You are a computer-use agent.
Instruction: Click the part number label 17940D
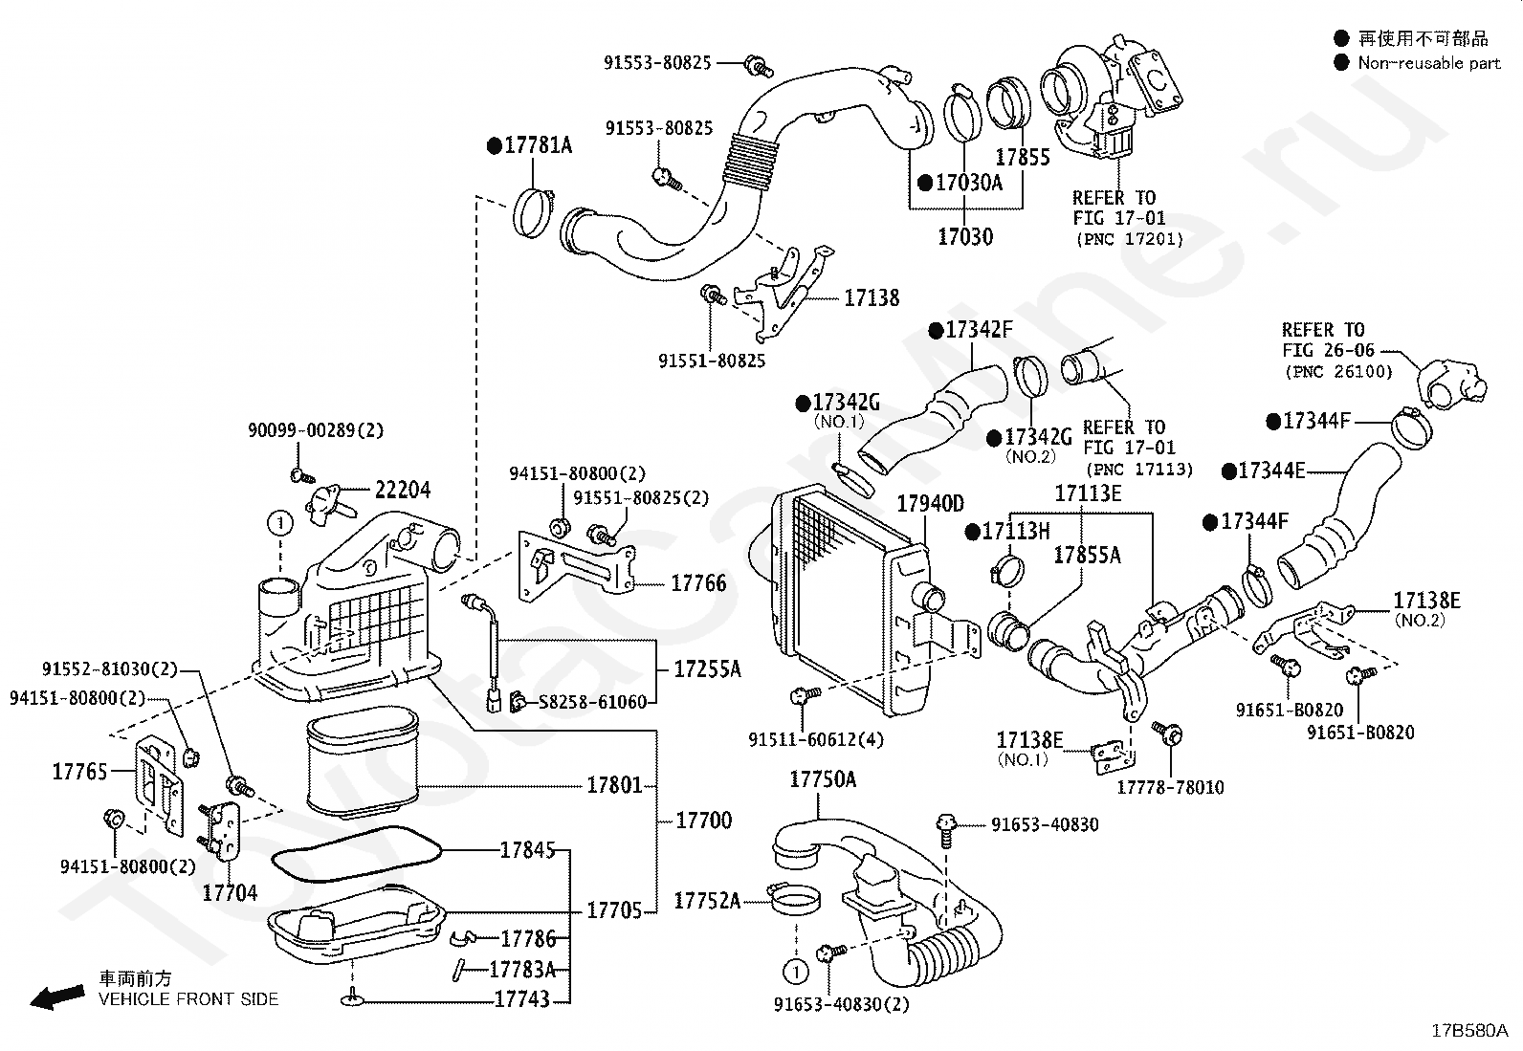tap(930, 504)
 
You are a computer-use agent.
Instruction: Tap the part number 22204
tap(403, 490)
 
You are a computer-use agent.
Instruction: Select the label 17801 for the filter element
tap(614, 785)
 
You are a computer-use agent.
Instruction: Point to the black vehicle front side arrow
tap(57, 997)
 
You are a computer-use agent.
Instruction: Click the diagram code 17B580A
tap(1469, 1030)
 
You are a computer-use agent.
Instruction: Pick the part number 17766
tap(698, 583)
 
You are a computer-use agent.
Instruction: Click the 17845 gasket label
tap(528, 850)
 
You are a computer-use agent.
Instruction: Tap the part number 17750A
tap(823, 779)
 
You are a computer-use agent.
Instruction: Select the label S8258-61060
tap(592, 702)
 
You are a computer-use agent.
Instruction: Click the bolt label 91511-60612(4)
tap(816, 739)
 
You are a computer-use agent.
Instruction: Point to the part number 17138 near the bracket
tap(872, 297)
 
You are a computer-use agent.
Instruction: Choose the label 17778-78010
tap(1170, 787)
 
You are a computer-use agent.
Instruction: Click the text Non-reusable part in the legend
tap(1428, 63)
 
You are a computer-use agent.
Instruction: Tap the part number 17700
tap(704, 821)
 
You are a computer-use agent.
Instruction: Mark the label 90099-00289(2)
tap(316, 430)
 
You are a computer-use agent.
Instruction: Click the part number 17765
tap(79, 772)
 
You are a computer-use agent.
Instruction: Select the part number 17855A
tap(1087, 556)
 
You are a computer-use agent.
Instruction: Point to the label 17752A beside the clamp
tap(707, 901)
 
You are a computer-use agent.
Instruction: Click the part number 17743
tap(521, 999)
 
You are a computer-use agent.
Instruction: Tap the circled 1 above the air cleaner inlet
tap(281, 523)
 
